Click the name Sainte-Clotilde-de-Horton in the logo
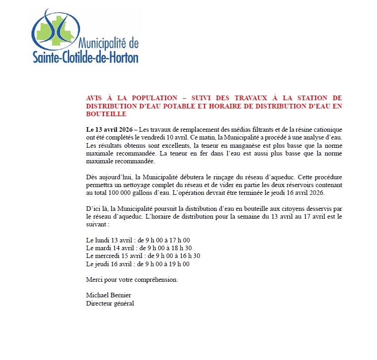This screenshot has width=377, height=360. click(86, 57)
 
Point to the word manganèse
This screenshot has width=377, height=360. click(238, 145)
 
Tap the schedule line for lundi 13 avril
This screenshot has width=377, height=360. click(138, 240)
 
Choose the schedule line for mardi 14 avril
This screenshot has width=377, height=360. click(139, 248)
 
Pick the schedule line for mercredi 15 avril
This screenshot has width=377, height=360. click(143, 256)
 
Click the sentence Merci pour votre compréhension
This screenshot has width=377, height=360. click(132, 279)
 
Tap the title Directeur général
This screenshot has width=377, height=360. click(110, 303)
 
